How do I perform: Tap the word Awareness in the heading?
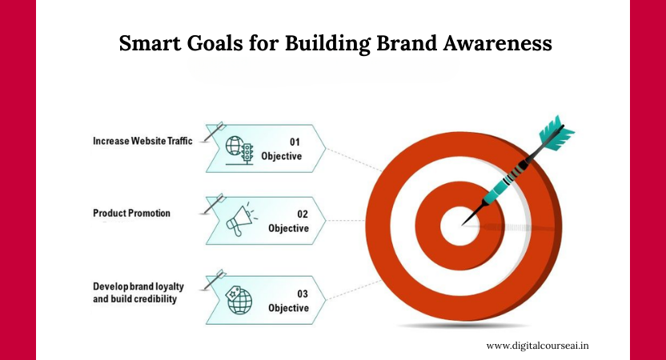pos(497,43)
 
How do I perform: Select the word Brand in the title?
pos(407,43)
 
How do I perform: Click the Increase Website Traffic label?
pos(142,141)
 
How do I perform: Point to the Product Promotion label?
pos(131,213)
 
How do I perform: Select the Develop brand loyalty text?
pos(138,286)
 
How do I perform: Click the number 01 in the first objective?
pos(295,142)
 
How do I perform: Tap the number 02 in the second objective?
pos(303,214)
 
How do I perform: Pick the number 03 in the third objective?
pos(303,294)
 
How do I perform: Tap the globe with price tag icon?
pos(239,300)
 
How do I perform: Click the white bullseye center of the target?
pos(459,226)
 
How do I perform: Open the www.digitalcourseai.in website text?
pos(537,346)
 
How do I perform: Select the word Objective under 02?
pos(288,228)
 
